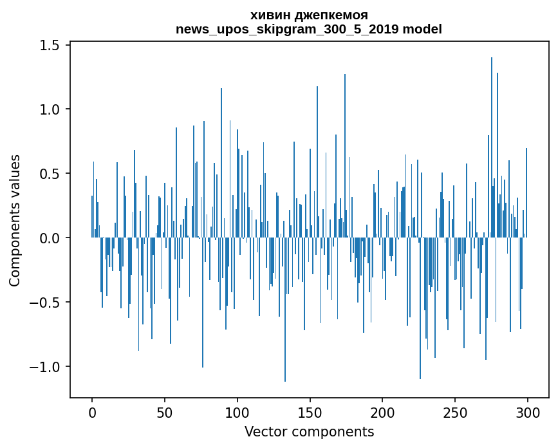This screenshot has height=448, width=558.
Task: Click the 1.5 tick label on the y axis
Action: [x=51, y=46]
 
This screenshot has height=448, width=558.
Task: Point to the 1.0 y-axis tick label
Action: [x=51, y=110]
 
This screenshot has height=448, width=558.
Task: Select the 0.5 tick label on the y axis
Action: [x=51, y=174]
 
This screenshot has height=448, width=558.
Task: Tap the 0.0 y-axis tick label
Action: [x=51, y=238]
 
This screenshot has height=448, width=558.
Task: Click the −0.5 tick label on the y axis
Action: [x=46, y=303]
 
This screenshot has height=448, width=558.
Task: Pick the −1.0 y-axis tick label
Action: [x=46, y=367]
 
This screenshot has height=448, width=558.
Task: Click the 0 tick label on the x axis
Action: [x=92, y=411]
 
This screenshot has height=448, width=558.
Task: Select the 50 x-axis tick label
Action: [x=165, y=411]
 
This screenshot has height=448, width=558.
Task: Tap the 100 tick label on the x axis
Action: [x=237, y=411]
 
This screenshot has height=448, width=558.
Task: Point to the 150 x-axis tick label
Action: [x=310, y=411]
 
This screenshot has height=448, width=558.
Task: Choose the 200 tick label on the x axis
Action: [x=382, y=411]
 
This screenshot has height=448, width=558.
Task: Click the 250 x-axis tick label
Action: [x=455, y=411]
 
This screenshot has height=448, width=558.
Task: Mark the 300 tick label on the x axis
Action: [x=528, y=411]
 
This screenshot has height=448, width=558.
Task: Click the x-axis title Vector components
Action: [x=309, y=431]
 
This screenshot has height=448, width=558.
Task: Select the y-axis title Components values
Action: [x=15, y=220]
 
